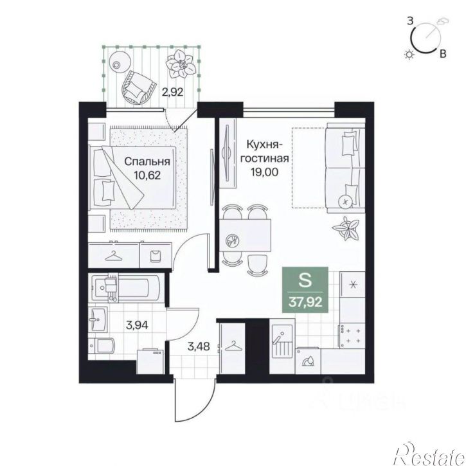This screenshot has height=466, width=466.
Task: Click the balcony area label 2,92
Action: click(172, 92)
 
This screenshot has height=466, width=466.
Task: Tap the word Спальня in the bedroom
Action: click(147, 161)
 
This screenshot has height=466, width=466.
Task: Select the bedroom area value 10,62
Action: click(147, 175)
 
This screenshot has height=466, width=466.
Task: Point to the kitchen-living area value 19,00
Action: click(265, 172)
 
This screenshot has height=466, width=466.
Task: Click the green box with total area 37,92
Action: click(305, 290)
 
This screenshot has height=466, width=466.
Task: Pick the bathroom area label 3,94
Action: click(137, 325)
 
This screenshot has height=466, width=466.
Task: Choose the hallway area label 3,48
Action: click(199, 346)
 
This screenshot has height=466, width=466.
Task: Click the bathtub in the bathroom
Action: click(127, 287)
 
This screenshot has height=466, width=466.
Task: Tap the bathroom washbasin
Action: click(98, 320)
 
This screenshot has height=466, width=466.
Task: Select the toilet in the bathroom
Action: click(102, 346)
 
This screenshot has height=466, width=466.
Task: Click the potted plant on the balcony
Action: click(181, 64)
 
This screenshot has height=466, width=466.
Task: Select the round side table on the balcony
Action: click(120, 62)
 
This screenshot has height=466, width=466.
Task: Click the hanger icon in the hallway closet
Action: click(233, 346)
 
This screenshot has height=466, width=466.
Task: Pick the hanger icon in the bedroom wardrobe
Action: click(114, 256)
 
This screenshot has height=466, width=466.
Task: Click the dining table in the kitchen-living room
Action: click(245, 235)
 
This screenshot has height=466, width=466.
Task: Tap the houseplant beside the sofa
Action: click(346, 228)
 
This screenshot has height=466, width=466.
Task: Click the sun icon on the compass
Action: click(409, 55)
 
